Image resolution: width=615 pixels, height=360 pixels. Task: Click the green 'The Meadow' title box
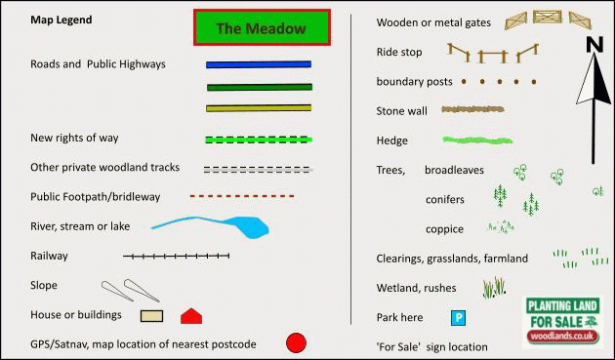(262, 27)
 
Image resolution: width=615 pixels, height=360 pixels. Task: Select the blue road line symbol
(259, 64)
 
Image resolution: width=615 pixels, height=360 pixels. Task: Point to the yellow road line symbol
(259, 108)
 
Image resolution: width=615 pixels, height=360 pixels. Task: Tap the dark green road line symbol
(260, 87)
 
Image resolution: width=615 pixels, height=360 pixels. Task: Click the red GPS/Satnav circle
(296, 343)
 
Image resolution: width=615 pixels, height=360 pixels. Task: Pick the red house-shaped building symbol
(191, 317)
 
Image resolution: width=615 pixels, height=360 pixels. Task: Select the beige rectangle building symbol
(151, 316)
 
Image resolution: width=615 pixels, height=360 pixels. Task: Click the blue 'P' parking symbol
(458, 318)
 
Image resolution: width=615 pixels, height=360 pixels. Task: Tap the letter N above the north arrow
(594, 44)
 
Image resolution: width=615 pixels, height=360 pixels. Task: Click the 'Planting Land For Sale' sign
(563, 322)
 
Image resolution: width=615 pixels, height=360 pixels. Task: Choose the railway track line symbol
(176, 256)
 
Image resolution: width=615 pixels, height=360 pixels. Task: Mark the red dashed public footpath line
(242, 196)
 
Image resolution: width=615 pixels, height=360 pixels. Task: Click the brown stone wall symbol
(473, 109)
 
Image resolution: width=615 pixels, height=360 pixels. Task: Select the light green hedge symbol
(477, 140)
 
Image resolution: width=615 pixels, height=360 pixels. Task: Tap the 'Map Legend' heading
(61, 20)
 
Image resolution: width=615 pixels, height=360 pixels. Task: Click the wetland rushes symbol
(495, 288)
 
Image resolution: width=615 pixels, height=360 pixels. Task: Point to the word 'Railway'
(49, 256)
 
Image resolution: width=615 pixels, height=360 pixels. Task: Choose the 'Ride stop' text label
(399, 52)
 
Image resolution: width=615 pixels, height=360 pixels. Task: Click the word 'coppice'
(444, 229)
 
